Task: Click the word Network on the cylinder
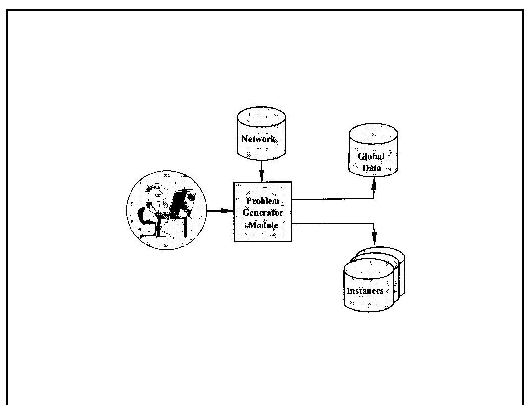click(259, 139)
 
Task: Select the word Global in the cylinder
click(371, 157)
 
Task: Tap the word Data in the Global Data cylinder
click(371, 168)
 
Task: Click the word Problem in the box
click(263, 201)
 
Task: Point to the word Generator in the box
click(263, 213)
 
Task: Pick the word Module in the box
click(263, 225)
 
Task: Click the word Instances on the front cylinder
click(365, 291)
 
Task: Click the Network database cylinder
click(261, 134)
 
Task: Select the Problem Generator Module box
click(263, 212)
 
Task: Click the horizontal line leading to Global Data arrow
click(332, 199)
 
